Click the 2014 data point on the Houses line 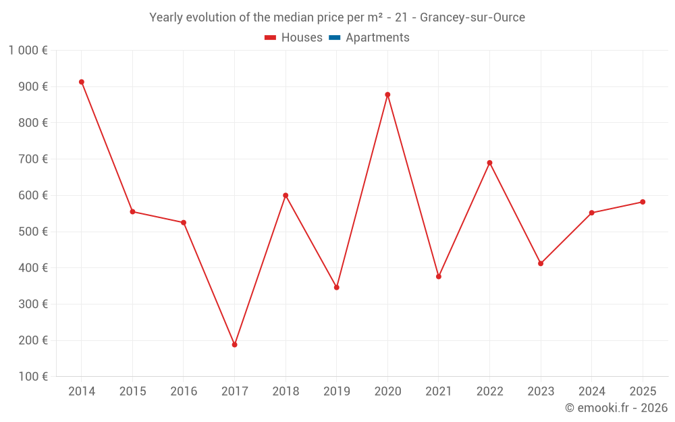pyautogui.click(x=82, y=82)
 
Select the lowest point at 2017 pyautogui.click(x=234, y=345)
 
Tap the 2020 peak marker pyautogui.click(x=387, y=95)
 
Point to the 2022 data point pyautogui.click(x=489, y=163)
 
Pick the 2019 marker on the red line pyautogui.click(x=337, y=288)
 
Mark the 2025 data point pyautogui.click(x=643, y=202)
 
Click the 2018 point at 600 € pyautogui.click(x=286, y=196)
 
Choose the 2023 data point pyautogui.click(x=541, y=263)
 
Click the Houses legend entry pyautogui.click(x=294, y=38)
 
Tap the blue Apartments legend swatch pyautogui.click(x=333, y=38)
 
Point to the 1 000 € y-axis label pyautogui.click(x=28, y=50)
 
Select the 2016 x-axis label pyautogui.click(x=184, y=392)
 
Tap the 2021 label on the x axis pyautogui.click(x=439, y=392)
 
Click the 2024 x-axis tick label pyautogui.click(x=591, y=392)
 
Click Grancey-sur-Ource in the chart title pyautogui.click(x=472, y=18)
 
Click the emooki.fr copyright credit pyautogui.click(x=616, y=408)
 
